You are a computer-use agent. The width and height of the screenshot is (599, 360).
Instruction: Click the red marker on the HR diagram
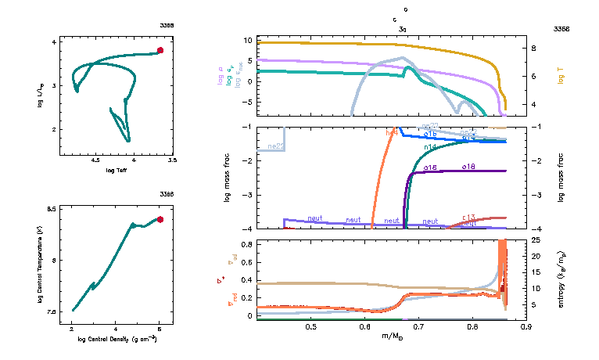(x=160, y=50)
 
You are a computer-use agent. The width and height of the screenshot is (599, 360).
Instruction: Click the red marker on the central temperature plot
(x=160, y=220)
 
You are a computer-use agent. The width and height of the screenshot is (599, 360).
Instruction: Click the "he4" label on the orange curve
(x=392, y=133)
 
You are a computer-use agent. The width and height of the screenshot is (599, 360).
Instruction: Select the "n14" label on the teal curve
(x=430, y=147)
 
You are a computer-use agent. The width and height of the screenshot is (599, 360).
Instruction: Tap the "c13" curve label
(x=469, y=217)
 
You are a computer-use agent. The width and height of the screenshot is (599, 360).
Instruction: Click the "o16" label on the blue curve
(x=430, y=135)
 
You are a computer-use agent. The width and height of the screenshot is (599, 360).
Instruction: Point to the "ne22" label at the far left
(x=275, y=146)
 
